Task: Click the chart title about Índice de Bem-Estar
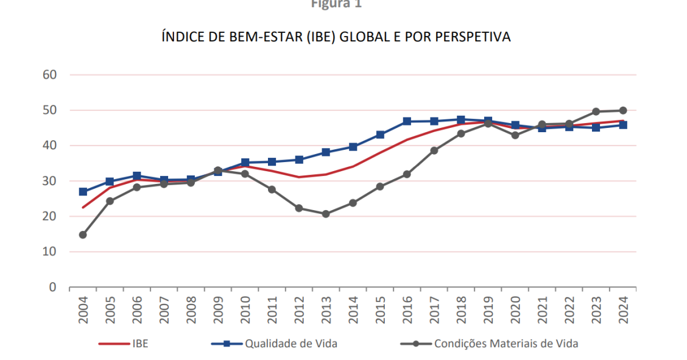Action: [x=336, y=38]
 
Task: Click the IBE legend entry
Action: [x=139, y=344]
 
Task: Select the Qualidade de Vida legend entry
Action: [x=291, y=344]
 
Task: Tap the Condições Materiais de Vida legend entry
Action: [x=506, y=344]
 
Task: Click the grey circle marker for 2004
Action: [x=83, y=235]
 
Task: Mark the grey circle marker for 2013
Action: [x=326, y=214]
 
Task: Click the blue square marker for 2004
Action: [x=83, y=192]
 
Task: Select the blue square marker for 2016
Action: [x=407, y=122]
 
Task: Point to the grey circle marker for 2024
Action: [x=622, y=111]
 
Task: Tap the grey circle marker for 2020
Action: [x=515, y=135]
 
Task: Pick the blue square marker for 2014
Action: [x=353, y=147]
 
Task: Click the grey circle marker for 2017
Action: [x=434, y=150]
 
